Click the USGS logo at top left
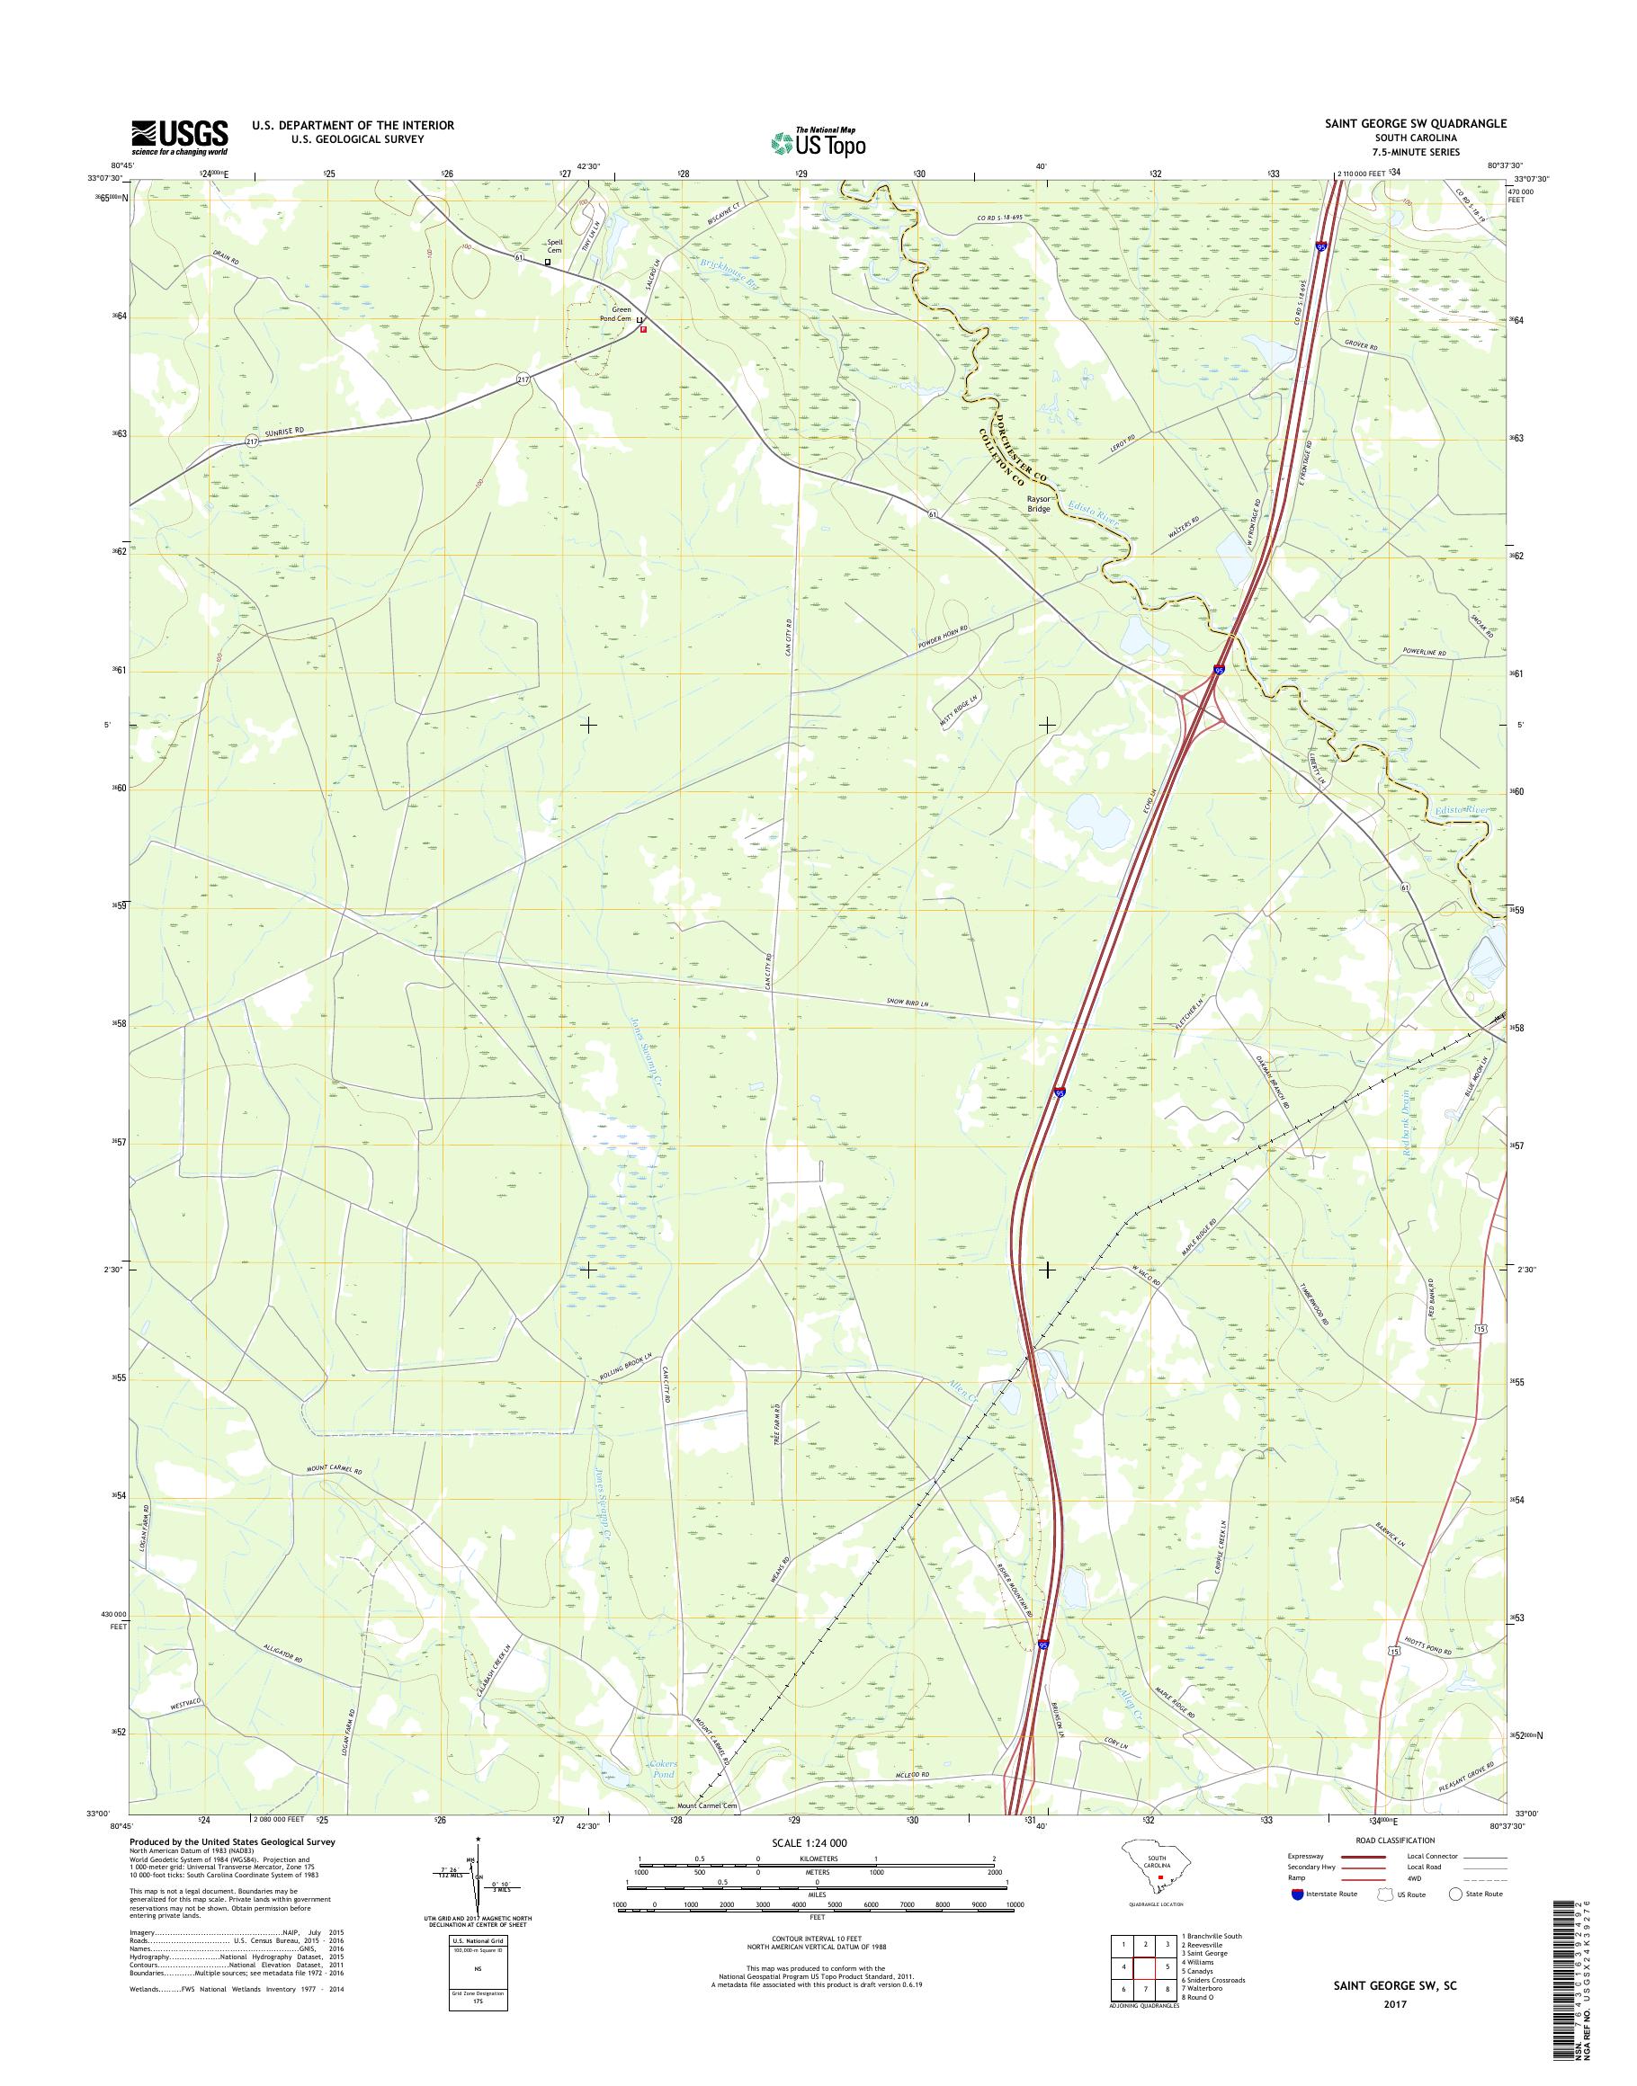click(x=179, y=137)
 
